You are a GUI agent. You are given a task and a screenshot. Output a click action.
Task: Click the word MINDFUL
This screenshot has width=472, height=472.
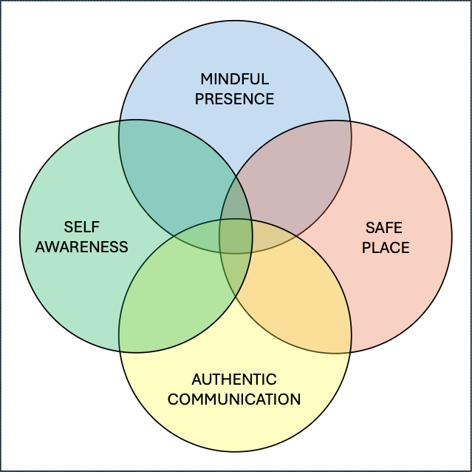click(x=234, y=79)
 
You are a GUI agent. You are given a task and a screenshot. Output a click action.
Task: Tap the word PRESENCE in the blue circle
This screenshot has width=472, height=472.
click(x=234, y=99)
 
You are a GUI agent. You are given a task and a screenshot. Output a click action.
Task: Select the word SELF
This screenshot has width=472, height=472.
click(x=81, y=227)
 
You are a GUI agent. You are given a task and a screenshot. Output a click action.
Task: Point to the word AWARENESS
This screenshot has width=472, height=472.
click(x=81, y=247)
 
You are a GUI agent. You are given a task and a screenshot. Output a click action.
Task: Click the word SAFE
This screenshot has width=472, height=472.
click(x=384, y=228)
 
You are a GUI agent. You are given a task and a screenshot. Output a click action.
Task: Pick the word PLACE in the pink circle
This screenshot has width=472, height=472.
click(x=386, y=247)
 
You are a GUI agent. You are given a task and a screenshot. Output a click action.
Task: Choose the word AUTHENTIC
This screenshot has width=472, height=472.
click(x=234, y=380)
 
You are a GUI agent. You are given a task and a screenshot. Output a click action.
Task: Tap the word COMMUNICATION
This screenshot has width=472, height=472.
click(x=234, y=399)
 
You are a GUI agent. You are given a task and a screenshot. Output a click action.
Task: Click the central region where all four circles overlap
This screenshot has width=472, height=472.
click(x=236, y=236)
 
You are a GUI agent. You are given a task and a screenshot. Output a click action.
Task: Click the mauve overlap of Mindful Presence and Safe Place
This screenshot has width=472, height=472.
click(x=293, y=178)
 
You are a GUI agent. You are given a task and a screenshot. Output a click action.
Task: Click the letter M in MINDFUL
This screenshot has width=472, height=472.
click(x=207, y=79)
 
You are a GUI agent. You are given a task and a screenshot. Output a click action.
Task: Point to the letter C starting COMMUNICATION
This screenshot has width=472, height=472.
click(x=174, y=399)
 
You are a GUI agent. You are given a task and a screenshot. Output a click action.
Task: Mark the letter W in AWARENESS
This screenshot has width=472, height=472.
click(x=53, y=247)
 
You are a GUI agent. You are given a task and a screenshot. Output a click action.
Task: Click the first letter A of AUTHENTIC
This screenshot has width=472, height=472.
click(x=197, y=380)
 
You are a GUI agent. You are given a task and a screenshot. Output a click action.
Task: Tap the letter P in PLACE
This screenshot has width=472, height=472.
click(x=366, y=247)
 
